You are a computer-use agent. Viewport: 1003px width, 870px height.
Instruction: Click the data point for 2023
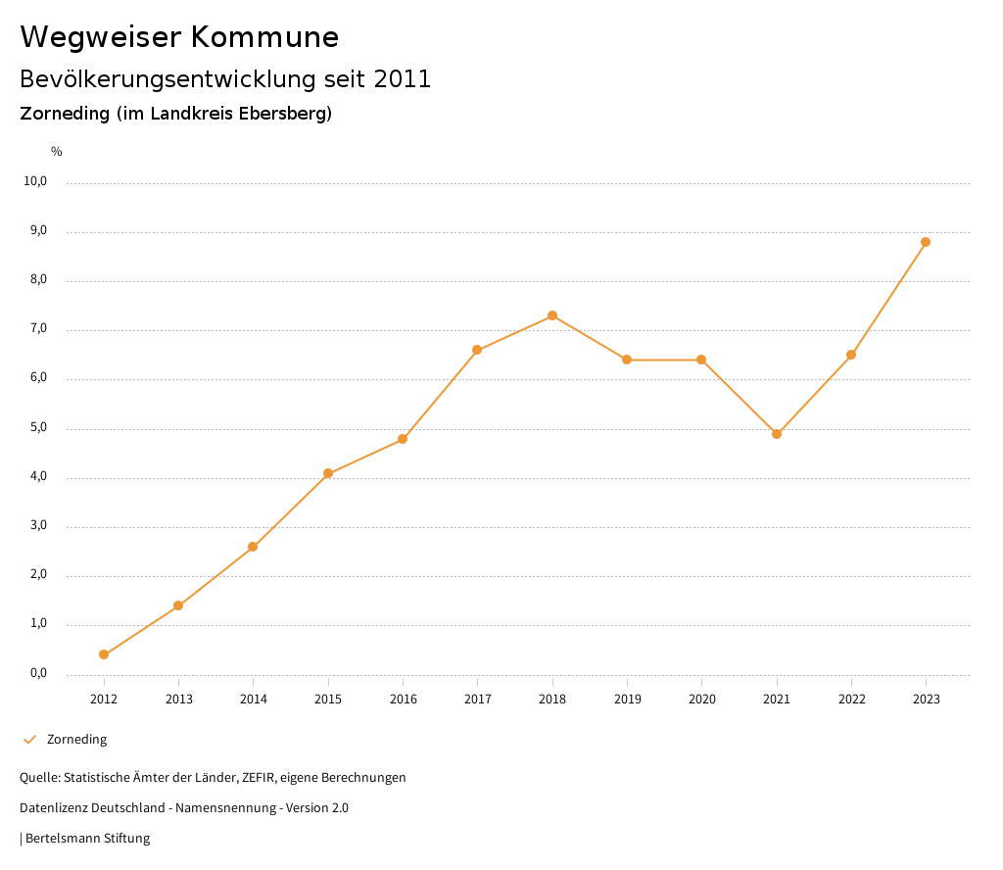[x=926, y=242]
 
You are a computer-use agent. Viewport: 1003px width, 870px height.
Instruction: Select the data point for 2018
[x=552, y=315]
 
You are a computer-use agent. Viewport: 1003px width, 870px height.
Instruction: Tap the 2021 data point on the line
[x=777, y=434]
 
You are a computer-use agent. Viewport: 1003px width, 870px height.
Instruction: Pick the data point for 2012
[x=104, y=654]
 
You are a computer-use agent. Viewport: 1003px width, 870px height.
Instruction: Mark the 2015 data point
[x=328, y=473]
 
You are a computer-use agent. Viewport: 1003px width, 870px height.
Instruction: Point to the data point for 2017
[x=477, y=350]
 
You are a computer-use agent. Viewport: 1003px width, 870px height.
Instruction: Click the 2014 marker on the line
[x=253, y=547]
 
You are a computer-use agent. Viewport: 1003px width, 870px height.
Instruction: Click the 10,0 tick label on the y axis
[x=35, y=181]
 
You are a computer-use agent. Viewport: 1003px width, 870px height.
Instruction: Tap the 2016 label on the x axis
[x=403, y=700]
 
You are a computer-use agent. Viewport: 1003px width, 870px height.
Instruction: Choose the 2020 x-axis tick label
[x=701, y=700]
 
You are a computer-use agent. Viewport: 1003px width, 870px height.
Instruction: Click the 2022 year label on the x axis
[x=851, y=700]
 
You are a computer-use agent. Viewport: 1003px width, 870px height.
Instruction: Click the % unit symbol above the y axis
[x=57, y=152]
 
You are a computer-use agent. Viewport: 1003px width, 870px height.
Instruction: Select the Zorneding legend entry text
[x=76, y=740]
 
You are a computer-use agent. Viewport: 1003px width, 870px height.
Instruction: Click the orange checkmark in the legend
[x=29, y=740]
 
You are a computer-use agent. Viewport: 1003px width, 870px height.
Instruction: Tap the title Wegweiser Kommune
[x=179, y=37]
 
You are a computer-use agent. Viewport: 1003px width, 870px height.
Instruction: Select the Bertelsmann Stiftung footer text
[x=87, y=839]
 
